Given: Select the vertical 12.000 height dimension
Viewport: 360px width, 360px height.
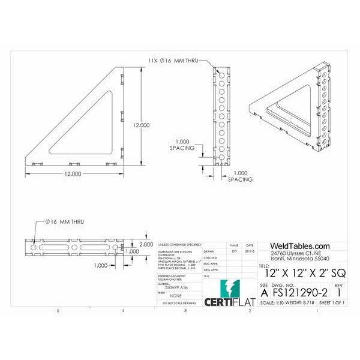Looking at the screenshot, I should click(141, 125).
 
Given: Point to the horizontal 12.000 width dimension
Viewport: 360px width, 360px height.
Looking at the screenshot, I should click(72, 174).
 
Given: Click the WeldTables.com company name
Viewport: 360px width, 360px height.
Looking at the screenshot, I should click(300, 246).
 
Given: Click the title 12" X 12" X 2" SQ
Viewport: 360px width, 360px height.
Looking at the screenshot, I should click(301, 272).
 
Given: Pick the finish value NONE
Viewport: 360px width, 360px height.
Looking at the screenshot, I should click(175, 295).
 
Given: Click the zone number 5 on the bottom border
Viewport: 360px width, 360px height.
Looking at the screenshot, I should click(58, 311).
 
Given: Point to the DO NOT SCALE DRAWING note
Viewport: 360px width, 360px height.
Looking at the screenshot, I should click(176, 304).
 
